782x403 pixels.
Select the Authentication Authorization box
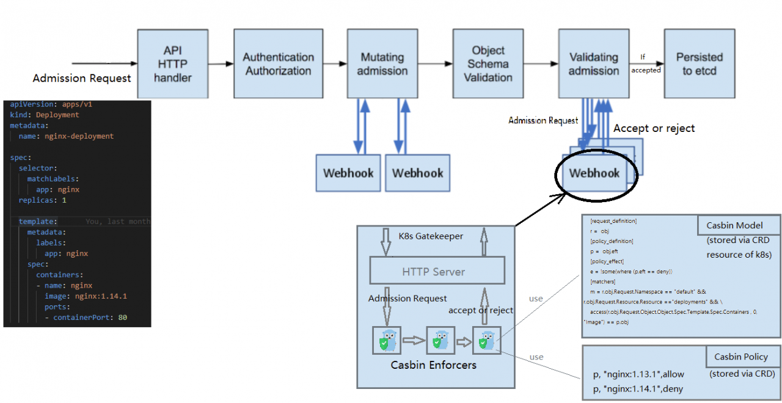point(278,64)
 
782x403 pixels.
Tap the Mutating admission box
point(382,64)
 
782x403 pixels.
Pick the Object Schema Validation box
point(488,64)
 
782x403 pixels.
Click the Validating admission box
point(593,64)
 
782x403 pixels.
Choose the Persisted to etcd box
point(699,64)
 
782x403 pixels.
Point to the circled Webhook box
point(594,173)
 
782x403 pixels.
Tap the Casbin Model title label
point(738,225)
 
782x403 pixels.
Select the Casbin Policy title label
point(741,357)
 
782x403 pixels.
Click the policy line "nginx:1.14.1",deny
point(639,390)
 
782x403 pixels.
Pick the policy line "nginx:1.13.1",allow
point(639,374)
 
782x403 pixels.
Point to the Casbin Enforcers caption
point(434,365)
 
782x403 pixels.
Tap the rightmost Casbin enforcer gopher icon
point(487,341)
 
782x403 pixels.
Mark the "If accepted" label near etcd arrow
point(646,64)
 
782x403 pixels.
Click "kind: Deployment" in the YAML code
point(45,115)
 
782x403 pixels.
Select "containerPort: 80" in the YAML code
point(89,318)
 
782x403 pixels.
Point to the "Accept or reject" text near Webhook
point(654,128)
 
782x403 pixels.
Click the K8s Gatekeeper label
point(431,236)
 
